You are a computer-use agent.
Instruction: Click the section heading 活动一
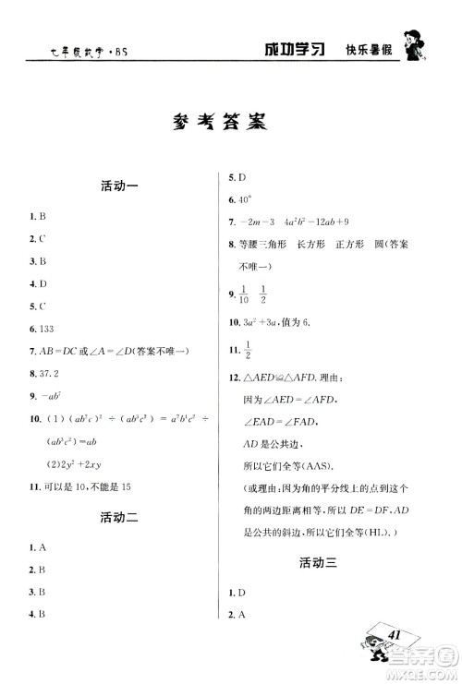118,186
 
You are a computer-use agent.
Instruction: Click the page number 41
395,636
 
